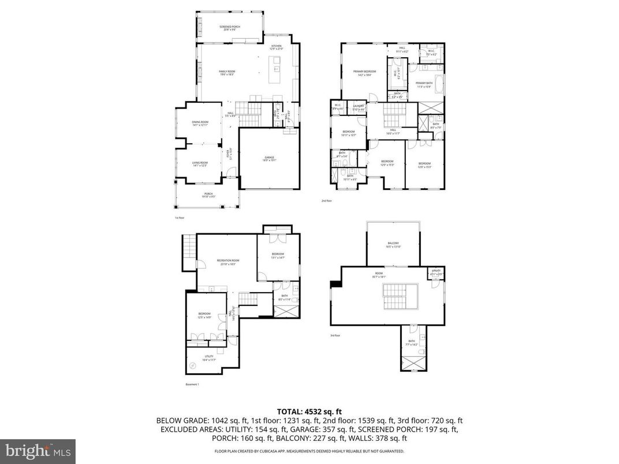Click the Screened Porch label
coord(230,28)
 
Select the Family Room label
coord(227,72)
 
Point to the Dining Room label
coord(200,123)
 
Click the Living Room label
coord(200,164)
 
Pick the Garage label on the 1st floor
coord(269,158)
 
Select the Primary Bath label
coord(424,84)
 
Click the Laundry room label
coord(358,107)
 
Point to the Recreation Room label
coord(228,261)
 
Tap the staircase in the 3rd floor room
coord(397,297)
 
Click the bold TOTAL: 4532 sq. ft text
coord(309,411)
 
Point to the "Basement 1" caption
coord(192,384)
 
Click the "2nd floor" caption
coord(327,201)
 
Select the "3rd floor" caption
coord(335,335)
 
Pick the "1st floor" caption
coord(179,218)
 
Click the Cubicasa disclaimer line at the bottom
coord(309,451)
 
